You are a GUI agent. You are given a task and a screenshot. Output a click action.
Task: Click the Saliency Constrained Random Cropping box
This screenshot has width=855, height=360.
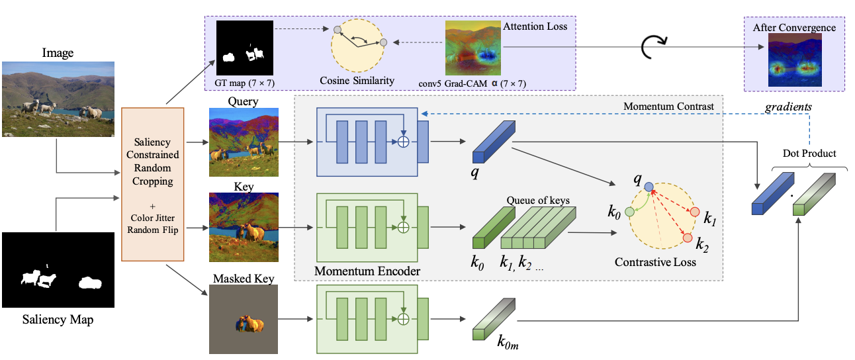(152, 183)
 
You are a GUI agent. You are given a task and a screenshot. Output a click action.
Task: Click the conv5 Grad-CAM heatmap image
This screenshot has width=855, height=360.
(473, 48)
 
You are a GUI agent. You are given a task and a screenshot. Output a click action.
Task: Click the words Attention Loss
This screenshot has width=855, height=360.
(535, 26)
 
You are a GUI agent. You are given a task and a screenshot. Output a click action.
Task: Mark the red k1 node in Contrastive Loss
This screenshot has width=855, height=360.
(694, 212)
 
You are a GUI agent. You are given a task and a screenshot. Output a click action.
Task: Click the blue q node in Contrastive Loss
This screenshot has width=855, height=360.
(649, 187)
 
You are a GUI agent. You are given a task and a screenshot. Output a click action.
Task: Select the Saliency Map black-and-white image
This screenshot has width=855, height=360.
(58, 271)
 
